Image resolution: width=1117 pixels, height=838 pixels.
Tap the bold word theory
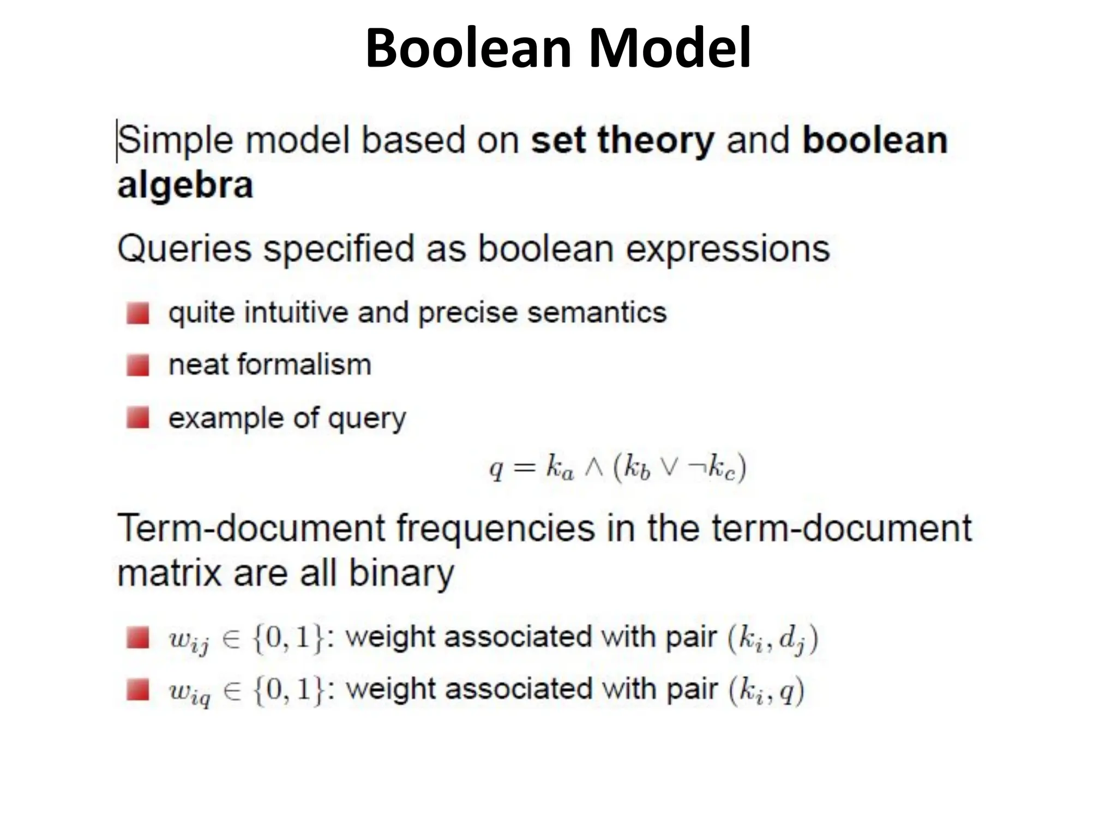tap(656, 140)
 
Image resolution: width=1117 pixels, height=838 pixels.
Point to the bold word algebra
tap(185, 185)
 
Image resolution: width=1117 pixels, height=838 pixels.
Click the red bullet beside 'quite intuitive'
tap(137, 313)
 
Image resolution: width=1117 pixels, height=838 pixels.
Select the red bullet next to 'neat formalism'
tap(137, 365)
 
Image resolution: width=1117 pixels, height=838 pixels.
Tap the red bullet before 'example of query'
tap(137, 418)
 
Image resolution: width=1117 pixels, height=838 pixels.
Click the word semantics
tap(597, 313)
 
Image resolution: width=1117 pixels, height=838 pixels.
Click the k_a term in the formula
tap(560, 469)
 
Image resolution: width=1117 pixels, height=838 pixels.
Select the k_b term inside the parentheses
tap(637, 469)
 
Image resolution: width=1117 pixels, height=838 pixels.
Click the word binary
tap(401, 573)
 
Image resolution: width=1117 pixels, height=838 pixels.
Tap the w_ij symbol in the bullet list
tap(189, 639)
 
